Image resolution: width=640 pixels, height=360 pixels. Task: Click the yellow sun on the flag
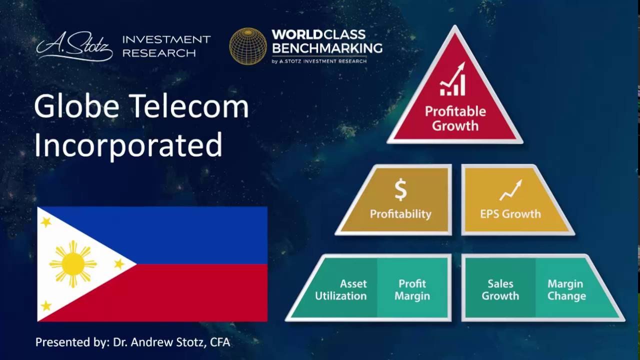(x=73, y=263)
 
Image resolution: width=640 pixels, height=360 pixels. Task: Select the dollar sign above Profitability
(x=400, y=190)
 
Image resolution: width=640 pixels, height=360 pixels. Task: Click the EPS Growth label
(x=510, y=214)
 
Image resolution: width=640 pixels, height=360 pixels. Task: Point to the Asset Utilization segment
(x=340, y=289)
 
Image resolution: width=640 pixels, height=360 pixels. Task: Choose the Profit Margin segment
(x=412, y=289)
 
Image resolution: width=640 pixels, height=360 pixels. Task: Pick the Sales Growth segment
(x=500, y=289)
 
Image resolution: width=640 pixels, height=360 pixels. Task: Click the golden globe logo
(x=248, y=46)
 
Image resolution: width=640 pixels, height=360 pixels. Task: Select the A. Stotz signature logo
(x=74, y=48)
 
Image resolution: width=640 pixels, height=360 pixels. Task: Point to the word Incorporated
(x=128, y=145)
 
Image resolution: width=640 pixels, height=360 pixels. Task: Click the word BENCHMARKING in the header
(x=327, y=48)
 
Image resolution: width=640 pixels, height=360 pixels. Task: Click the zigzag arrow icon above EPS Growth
(x=510, y=190)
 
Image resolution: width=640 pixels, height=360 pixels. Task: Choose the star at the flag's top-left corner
(x=46, y=221)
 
